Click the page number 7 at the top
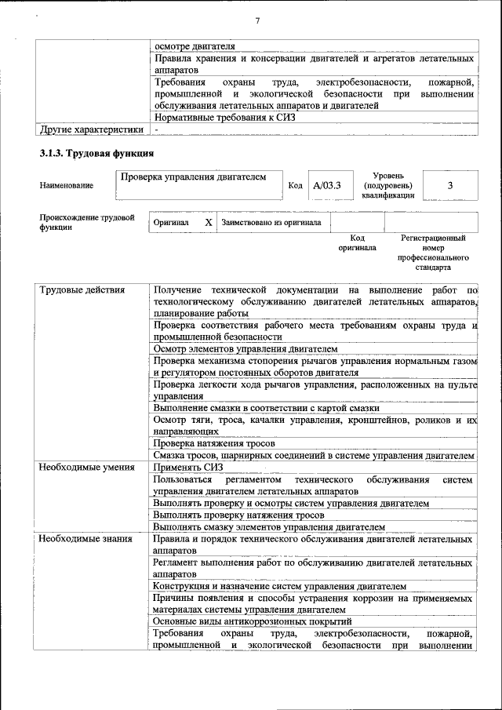tap(257, 20)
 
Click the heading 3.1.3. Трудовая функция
tap(96, 152)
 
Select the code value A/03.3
tap(326, 186)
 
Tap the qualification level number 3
tap(450, 185)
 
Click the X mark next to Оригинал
tap(209, 222)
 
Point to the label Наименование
tap(66, 186)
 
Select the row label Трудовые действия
tap(82, 290)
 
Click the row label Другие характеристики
tap(92, 129)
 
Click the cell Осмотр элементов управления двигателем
tap(246, 348)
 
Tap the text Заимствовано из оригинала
tap(271, 222)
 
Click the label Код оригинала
tap(357, 242)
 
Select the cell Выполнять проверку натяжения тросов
tap(242, 515)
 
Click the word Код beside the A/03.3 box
tap(295, 186)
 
